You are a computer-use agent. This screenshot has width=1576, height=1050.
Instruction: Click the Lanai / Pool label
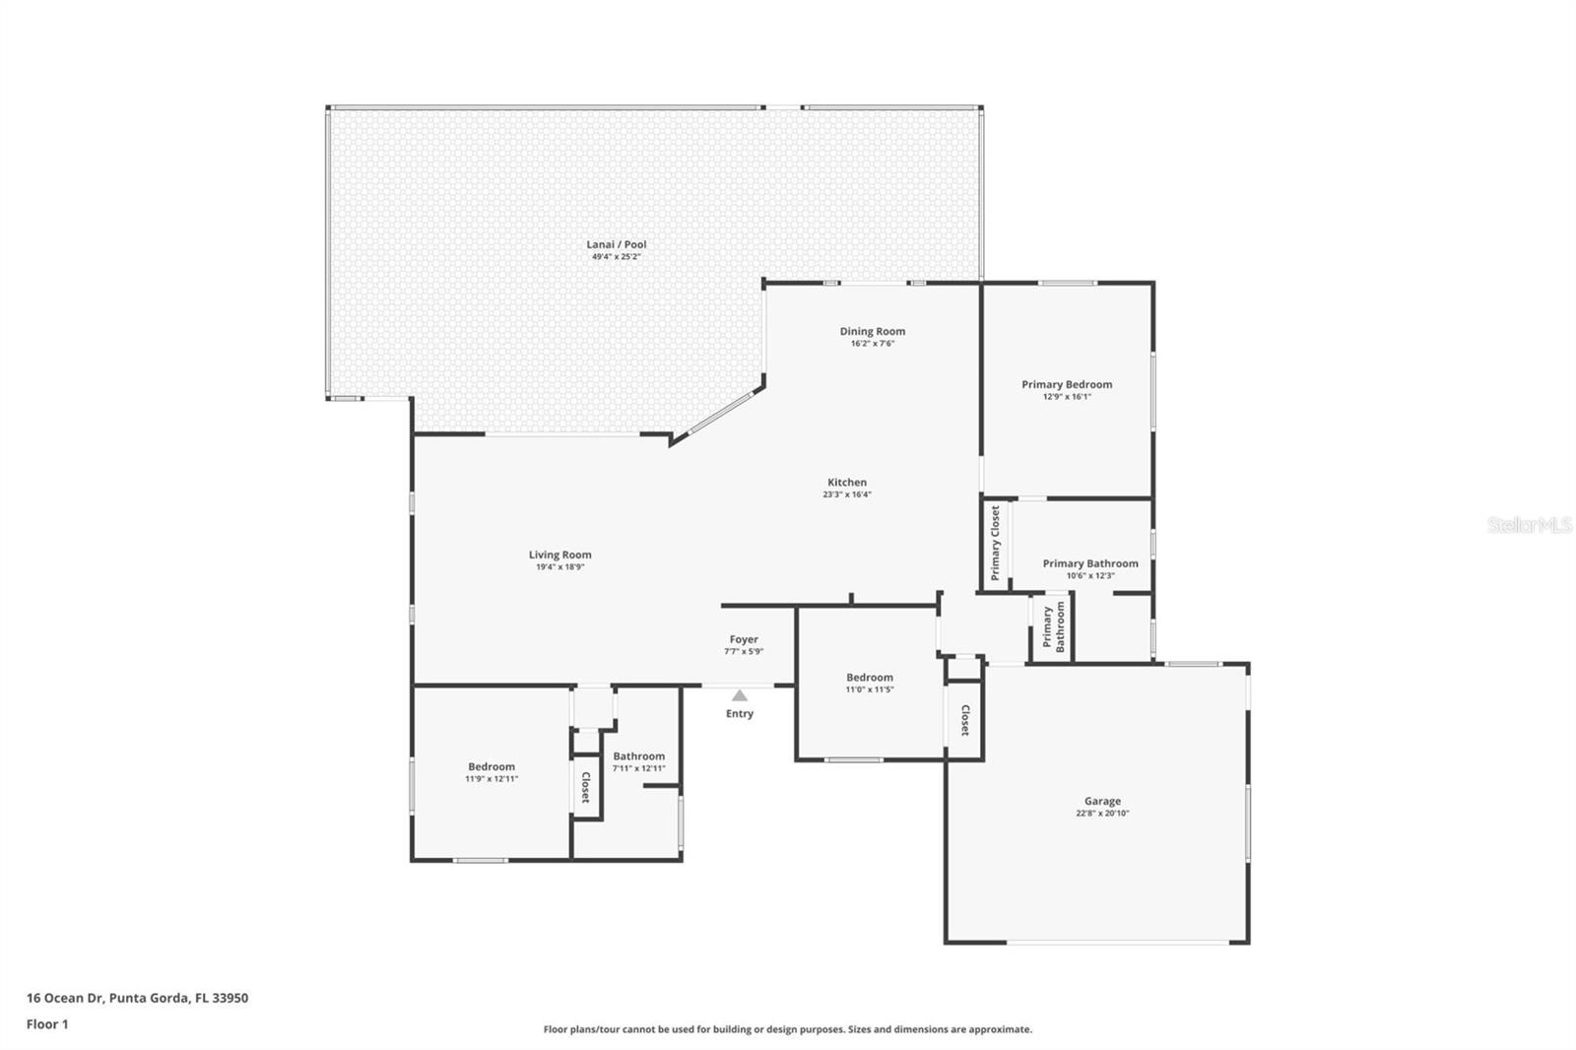[617, 244]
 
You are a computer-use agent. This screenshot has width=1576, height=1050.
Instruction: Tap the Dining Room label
[872, 331]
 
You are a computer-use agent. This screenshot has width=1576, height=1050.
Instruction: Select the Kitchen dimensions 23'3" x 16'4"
[846, 494]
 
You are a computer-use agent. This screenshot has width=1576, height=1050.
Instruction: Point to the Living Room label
[559, 555]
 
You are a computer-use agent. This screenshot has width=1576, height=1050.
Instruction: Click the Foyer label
[744, 639]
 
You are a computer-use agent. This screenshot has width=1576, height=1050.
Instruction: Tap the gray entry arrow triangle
[740, 695]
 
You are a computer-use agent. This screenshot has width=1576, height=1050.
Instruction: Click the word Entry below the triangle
[740, 713]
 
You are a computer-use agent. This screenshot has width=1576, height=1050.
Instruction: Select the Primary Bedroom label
[1067, 384]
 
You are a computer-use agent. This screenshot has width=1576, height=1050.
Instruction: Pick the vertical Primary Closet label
[996, 543]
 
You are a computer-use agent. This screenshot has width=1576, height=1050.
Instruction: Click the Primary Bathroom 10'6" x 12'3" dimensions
[1089, 575]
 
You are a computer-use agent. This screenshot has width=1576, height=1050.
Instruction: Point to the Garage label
[1102, 801]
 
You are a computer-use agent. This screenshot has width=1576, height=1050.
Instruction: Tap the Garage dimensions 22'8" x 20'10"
[1102, 814]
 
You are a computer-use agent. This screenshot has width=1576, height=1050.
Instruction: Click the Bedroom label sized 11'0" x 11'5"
[870, 677]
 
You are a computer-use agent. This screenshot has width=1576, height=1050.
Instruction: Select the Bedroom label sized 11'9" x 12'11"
[492, 766]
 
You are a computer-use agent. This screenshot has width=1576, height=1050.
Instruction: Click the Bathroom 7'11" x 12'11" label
[639, 756]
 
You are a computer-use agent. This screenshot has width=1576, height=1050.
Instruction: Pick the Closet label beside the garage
[965, 720]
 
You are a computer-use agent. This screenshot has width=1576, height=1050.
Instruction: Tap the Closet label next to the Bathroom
[585, 787]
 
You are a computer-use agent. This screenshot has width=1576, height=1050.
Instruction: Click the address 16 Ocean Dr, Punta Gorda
[137, 997]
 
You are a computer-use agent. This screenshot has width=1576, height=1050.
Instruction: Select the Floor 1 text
[47, 1023]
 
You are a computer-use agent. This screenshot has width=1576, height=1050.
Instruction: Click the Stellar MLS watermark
[1529, 525]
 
